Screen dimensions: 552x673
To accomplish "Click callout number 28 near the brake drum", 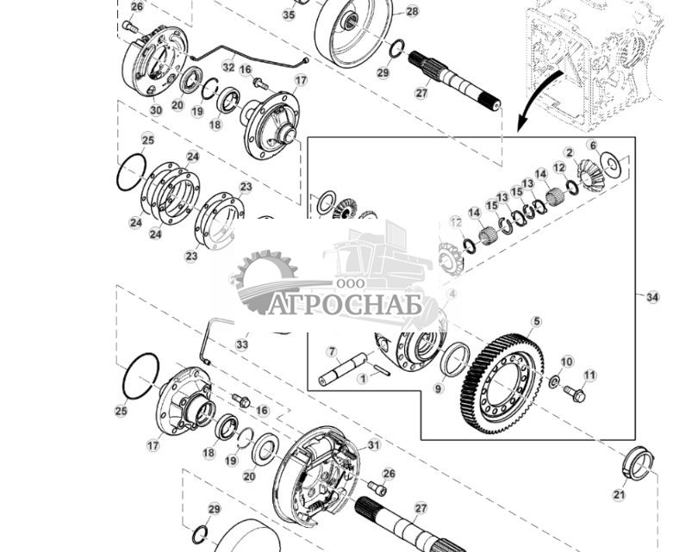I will [412, 11].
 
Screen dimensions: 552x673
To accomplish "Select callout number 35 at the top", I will [289, 15].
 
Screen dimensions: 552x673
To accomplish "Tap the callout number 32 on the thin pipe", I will [228, 66].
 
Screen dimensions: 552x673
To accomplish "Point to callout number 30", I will [155, 110].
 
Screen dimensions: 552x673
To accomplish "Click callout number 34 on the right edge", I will [652, 297].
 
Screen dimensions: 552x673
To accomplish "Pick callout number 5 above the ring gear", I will [536, 322].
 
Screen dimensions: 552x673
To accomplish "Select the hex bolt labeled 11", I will [574, 394].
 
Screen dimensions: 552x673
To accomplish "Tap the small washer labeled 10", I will [553, 381].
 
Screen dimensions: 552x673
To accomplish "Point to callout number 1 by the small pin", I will [363, 377].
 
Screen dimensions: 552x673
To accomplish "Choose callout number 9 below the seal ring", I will [438, 389].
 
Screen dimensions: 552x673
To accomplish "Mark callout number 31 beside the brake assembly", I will [373, 445].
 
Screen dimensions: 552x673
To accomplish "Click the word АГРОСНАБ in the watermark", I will [345, 305].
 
